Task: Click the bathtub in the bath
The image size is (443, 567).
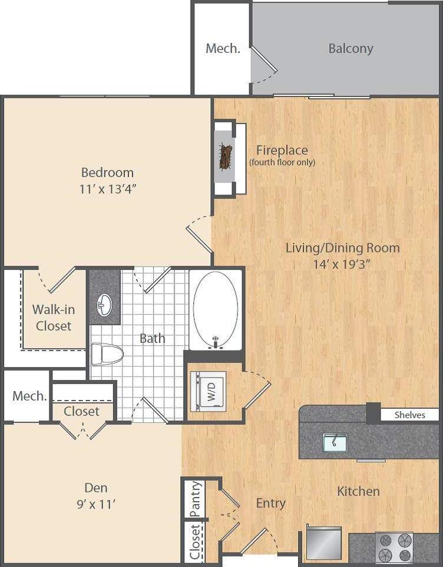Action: pos(216,309)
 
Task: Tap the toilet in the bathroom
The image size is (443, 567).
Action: pos(107,355)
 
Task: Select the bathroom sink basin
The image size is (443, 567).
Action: pos(104,305)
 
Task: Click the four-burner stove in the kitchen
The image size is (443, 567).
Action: pos(394,548)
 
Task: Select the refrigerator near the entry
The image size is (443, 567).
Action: pos(323,543)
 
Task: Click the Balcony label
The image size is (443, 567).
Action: pos(351,48)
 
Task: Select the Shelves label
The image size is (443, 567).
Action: pos(409,415)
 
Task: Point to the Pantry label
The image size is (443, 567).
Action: pos(196,499)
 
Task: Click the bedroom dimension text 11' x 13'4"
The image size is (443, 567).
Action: pos(107,189)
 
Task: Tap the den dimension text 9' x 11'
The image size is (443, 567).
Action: pos(95,503)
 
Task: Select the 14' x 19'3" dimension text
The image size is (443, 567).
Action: pos(342,264)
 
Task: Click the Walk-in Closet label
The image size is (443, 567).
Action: pos(53,317)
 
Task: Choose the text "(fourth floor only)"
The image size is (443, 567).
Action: pos(282,162)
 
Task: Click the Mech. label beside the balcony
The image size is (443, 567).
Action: pos(223,48)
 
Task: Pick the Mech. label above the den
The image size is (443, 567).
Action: pos(29,396)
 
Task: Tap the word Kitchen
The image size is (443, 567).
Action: pos(358,491)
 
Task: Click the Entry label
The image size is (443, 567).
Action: pos(270,503)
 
